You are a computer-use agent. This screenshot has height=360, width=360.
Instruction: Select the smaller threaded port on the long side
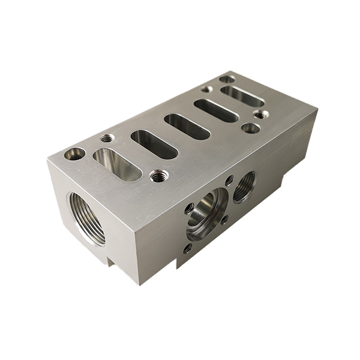point(244,186)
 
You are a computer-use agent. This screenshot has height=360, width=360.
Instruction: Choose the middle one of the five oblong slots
point(187,127)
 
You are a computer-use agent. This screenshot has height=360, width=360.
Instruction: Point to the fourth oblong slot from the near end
point(216,110)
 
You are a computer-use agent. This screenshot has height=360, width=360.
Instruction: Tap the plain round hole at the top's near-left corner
point(75,154)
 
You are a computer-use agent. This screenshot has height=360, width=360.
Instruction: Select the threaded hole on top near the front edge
point(159,176)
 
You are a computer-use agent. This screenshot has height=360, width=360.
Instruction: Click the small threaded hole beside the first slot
point(107,139)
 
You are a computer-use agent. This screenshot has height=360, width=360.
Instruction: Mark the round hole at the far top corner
point(227,79)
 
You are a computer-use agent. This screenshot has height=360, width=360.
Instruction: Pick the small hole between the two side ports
point(229,179)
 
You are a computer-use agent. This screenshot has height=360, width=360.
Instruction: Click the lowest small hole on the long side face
point(188,247)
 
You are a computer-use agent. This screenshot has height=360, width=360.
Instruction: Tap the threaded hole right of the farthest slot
point(260,115)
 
